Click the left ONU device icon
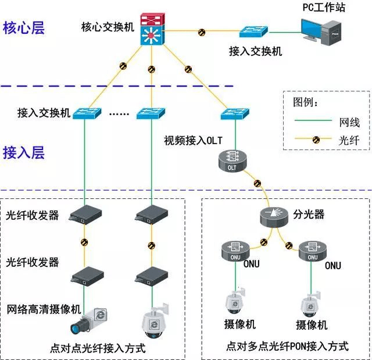pyautogui.click(x=235, y=249)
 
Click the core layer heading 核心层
pyautogui.click(x=24, y=28)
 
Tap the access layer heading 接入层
pyautogui.click(x=24, y=153)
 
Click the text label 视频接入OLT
pyautogui.click(x=193, y=140)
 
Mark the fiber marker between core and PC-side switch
pyautogui.click(x=202, y=31)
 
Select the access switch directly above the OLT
pyautogui.click(x=235, y=113)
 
